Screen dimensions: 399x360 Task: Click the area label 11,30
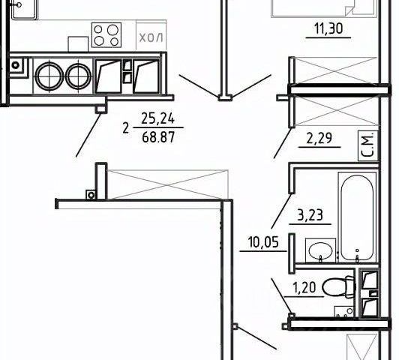[328, 28]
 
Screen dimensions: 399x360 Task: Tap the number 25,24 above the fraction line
[158, 118]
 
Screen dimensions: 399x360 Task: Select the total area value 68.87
[158, 137]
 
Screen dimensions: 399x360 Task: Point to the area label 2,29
[319, 139]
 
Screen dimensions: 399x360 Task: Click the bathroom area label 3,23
[310, 215]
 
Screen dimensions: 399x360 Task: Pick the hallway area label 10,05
[263, 242]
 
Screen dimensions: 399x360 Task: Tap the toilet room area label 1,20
[304, 288]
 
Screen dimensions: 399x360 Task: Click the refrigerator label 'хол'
[151, 38]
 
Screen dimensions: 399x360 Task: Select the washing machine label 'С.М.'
[368, 145]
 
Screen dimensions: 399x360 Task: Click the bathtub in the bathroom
[357, 217]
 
